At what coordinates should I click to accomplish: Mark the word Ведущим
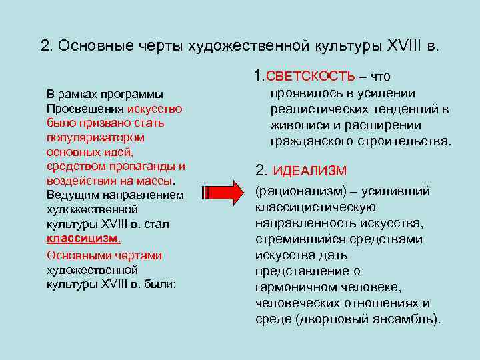70,195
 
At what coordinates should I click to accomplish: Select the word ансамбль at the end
410,319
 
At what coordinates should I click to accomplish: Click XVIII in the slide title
406,46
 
